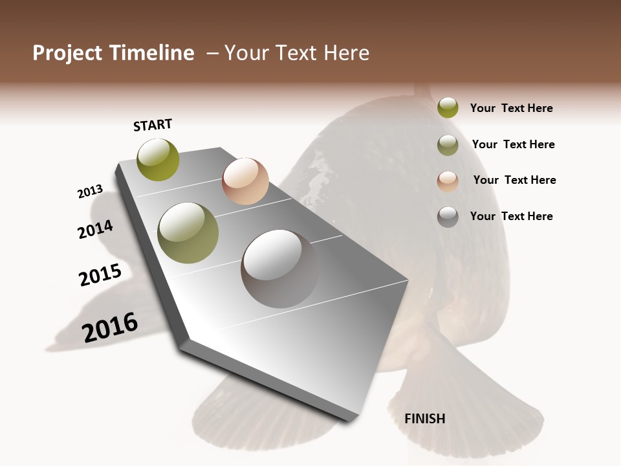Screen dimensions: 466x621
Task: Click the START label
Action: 153,125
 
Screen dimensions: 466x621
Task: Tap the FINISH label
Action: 424,419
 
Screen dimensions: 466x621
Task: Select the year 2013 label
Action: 90,192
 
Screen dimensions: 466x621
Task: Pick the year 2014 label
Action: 96,229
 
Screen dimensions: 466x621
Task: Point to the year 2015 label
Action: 100,274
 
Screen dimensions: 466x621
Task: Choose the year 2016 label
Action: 110,327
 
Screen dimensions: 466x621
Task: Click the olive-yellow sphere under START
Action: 158,159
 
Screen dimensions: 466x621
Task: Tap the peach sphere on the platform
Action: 245,181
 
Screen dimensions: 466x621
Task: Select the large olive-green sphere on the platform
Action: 188,232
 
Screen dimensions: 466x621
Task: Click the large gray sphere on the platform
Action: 281,268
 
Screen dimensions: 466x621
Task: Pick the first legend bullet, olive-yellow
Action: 448,107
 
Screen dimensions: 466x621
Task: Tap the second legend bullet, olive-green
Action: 448,145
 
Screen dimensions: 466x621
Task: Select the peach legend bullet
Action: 448,181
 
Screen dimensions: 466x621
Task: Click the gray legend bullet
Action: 448,217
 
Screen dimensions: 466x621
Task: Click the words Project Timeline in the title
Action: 113,53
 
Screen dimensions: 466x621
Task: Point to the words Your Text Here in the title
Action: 297,53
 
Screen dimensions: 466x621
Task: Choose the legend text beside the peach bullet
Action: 514,180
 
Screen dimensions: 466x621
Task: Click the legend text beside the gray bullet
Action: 511,216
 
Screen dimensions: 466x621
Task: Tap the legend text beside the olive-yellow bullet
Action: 511,108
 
